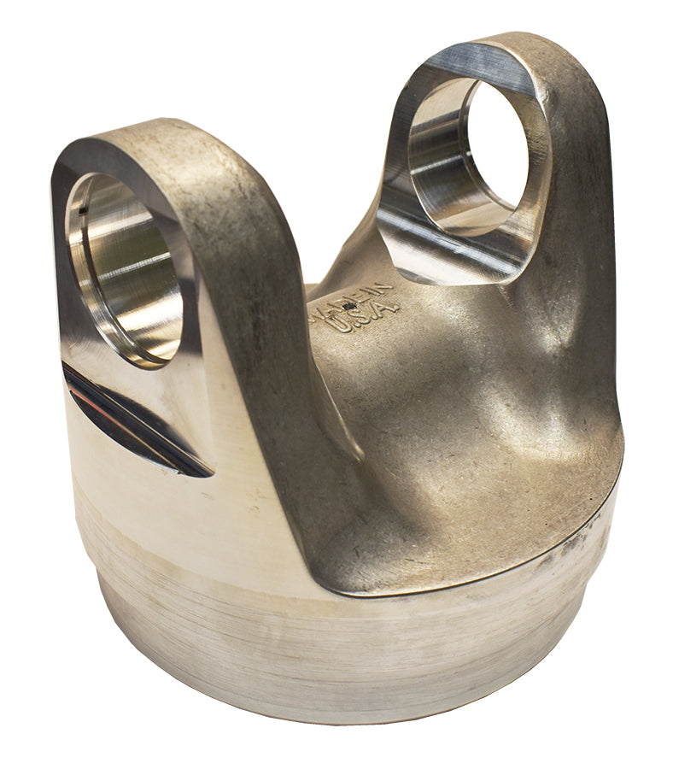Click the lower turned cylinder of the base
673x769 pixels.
coord(342,649)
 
